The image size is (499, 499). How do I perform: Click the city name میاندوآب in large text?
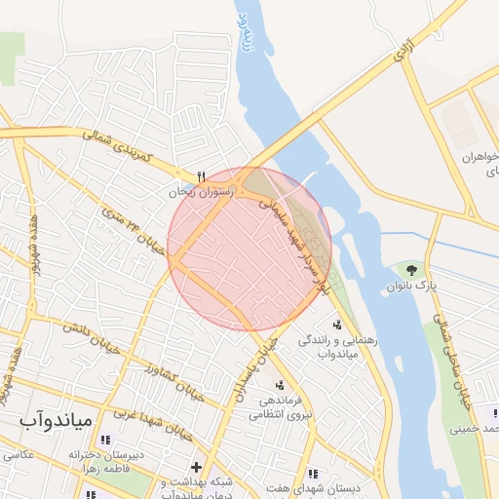click(x=55, y=420)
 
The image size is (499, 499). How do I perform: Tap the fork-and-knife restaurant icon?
click(x=202, y=176)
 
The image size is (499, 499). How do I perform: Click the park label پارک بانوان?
click(x=409, y=287)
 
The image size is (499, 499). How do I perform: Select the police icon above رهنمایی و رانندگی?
click(x=337, y=325)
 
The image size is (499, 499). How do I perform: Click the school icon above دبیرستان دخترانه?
click(x=105, y=440)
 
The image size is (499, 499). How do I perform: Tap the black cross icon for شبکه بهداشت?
click(x=196, y=469)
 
